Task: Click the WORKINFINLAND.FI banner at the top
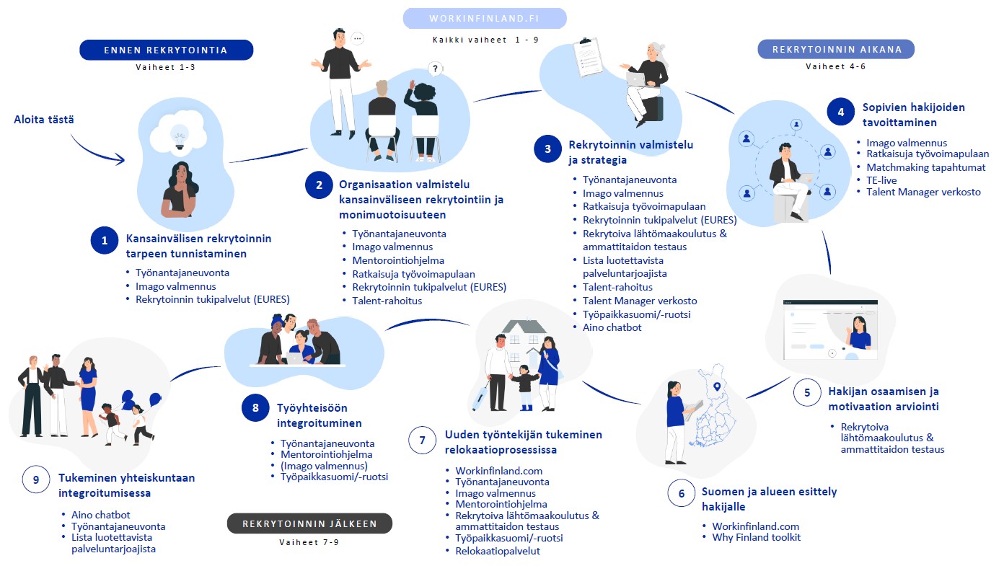click(x=485, y=18)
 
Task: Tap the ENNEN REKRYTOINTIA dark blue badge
click(x=167, y=50)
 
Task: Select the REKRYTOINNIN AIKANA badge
click(x=836, y=49)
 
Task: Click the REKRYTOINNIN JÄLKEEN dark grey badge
click(x=309, y=523)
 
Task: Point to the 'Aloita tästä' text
click(x=44, y=120)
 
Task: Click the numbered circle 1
click(x=105, y=241)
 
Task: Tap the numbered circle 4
click(x=841, y=112)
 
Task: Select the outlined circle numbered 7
click(x=422, y=440)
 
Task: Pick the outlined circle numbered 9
click(x=36, y=479)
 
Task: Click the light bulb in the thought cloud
click(x=180, y=137)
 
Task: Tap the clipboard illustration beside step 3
click(x=588, y=57)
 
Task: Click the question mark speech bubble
click(x=435, y=68)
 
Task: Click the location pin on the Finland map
click(x=717, y=386)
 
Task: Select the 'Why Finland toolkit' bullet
click(x=756, y=537)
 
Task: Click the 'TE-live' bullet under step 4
click(x=881, y=180)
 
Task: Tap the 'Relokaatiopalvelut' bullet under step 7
click(x=498, y=551)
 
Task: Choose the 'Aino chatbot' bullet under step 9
click(x=101, y=515)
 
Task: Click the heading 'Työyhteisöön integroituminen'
click(x=319, y=415)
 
